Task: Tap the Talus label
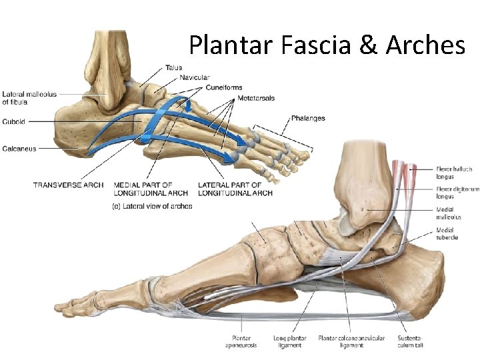point(174,67)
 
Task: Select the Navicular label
point(195,77)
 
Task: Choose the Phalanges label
point(308,119)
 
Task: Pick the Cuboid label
point(14,121)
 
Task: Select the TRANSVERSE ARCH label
point(68,185)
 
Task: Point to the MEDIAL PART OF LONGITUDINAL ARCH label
point(151,189)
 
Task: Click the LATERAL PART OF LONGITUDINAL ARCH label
point(235,189)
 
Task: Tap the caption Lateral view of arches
point(151,206)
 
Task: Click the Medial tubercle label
point(447,234)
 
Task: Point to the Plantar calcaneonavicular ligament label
point(351,341)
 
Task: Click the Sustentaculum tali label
point(409,341)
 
